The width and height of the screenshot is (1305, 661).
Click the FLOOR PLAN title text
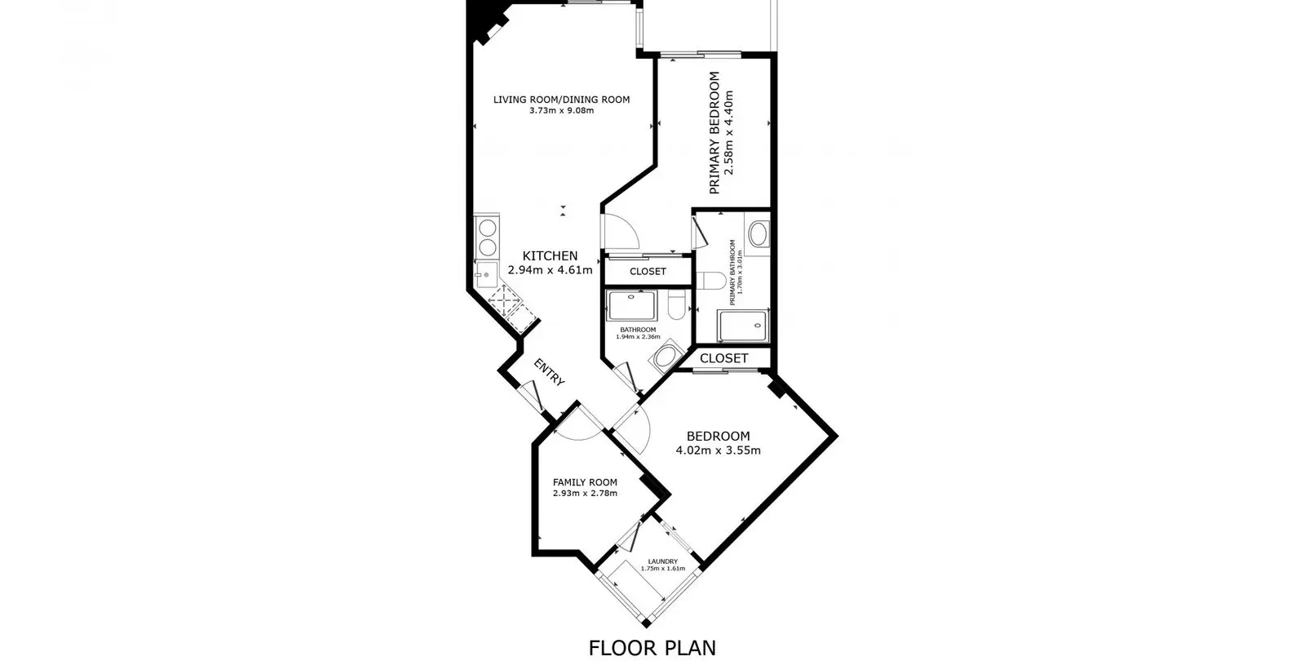[652, 648]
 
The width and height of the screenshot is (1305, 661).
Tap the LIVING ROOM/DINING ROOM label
[562, 100]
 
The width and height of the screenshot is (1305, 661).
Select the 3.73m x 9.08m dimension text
[562, 111]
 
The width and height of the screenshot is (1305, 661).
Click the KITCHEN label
[550, 256]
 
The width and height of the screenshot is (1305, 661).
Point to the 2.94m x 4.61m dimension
[550, 270]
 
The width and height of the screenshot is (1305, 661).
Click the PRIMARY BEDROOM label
[714, 133]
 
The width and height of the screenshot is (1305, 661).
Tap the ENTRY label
[550, 372]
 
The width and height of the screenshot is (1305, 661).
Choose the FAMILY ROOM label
[585, 482]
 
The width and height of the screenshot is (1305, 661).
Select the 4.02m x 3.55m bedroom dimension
[719, 450]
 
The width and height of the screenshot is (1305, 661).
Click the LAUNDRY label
[663, 561]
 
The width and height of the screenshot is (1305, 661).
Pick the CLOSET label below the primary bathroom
[723, 358]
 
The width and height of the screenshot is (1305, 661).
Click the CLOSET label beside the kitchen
[648, 272]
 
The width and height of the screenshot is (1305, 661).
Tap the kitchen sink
[486, 274]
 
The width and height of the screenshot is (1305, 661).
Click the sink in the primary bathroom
[758, 234]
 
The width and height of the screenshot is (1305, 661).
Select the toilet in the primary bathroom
[711, 281]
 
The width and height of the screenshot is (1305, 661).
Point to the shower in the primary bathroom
[743, 326]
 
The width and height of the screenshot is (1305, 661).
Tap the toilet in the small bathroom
[676, 305]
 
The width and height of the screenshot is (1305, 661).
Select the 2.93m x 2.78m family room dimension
[585, 494]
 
